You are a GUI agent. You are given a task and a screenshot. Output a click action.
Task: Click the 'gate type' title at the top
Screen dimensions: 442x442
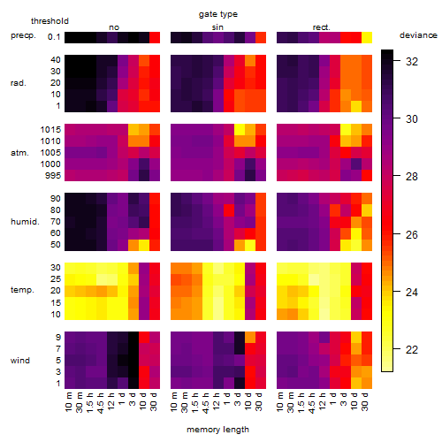point(218,14)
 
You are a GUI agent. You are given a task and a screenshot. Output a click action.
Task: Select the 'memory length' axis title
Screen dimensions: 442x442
point(217,430)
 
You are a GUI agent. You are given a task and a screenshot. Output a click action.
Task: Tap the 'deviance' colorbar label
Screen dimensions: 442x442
point(418,35)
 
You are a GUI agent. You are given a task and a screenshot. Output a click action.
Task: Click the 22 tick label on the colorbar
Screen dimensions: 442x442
point(412,349)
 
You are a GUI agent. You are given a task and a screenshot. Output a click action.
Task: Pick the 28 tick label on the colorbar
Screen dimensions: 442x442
point(412,177)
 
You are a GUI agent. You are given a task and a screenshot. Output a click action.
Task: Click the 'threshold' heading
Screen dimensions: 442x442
point(50,21)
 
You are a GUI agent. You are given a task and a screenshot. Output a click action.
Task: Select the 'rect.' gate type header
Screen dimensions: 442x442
point(321,27)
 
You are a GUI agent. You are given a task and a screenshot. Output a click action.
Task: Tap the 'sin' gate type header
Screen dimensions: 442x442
point(217,27)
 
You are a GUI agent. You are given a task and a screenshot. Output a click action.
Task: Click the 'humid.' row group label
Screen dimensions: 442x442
point(25,222)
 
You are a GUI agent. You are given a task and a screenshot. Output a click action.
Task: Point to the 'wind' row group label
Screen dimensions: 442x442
point(20,361)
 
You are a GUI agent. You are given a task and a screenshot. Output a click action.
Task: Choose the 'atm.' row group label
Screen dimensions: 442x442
point(19,153)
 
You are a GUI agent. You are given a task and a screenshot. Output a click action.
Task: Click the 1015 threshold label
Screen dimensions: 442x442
point(50,130)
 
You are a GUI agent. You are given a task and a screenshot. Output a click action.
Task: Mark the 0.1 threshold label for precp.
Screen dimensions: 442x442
point(54,37)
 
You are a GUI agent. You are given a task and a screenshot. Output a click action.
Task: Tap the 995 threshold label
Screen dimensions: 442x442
point(53,176)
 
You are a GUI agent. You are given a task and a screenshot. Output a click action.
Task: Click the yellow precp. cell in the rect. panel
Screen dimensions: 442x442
point(367,37)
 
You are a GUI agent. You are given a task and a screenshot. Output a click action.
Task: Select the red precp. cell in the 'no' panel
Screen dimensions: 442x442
point(155,37)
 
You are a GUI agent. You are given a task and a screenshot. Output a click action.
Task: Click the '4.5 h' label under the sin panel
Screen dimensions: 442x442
point(207,403)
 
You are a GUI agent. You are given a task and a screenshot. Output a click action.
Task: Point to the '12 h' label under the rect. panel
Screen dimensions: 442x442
point(323,401)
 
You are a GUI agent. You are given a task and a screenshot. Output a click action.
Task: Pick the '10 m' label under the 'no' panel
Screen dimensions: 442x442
point(69,402)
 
